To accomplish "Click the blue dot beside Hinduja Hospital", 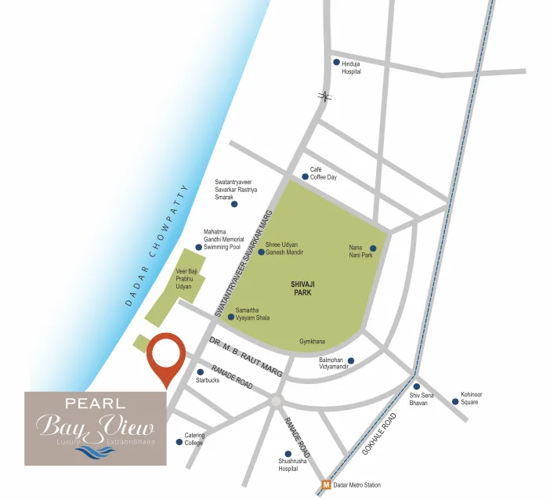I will (337, 63).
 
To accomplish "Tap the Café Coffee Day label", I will (323, 173).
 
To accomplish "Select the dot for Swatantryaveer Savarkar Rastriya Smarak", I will (233, 204).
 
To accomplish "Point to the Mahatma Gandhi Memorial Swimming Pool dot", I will (199, 247).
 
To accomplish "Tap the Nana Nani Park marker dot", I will (373, 248).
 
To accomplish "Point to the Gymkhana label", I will (312, 342).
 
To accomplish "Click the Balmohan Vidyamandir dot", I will (350, 361).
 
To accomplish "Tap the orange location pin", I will (167, 357).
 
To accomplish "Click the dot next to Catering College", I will (179, 442).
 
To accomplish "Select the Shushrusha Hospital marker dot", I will (288, 454).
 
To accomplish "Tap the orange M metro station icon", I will (326, 485).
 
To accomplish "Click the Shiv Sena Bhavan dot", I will (417, 386).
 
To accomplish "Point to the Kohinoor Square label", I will (470, 398).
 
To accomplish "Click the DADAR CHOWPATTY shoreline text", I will (157, 245).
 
